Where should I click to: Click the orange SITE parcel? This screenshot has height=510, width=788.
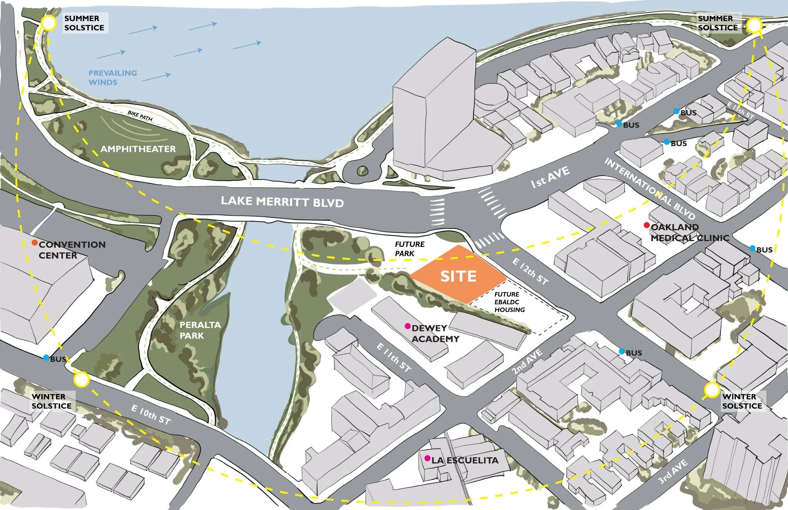point(458,275)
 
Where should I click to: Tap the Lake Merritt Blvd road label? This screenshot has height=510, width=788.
point(282,202)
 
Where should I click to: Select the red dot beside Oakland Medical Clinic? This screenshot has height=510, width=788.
point(647,225)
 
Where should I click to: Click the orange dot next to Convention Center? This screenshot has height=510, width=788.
point(34,243)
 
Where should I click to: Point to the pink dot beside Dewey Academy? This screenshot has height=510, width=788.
point(407,326)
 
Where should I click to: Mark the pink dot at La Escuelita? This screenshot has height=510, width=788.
point(427,458)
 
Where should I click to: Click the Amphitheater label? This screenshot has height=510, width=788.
point(138,149)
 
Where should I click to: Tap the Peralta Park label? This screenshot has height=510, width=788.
point(200,330)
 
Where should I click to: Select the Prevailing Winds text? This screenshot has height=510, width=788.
point(112,77)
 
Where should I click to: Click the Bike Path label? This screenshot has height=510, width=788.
point(140,116)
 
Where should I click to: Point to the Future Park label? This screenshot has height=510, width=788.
point(409,249)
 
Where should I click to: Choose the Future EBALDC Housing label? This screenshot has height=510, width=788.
point(509,302)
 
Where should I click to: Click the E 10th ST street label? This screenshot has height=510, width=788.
point(151,414)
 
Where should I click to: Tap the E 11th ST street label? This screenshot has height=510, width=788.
point(394,358)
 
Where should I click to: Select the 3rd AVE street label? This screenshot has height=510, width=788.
point(673,472)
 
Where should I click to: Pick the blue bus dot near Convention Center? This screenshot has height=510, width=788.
point(46,358)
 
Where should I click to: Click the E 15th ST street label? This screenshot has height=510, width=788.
point(740,110)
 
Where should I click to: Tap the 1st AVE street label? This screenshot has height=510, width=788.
point(550,177)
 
